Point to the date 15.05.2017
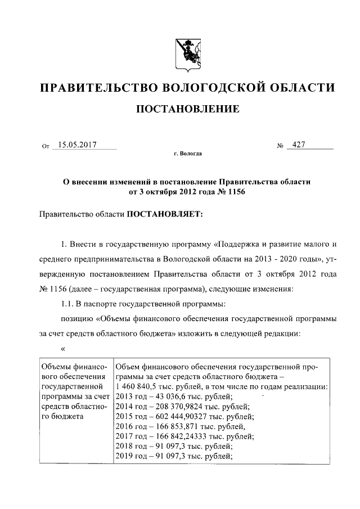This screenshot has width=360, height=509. pyautogui.click(x=78, y=145)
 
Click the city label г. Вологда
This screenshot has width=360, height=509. pyautogui.click(x=188, y=153)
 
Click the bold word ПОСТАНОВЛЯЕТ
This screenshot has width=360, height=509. pyautogui.click(x=160, y=214)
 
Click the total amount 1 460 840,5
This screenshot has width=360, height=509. pyautogui.click(x=138, y=388)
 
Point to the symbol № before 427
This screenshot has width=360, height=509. pyautogui.click(x=280, y=146)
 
